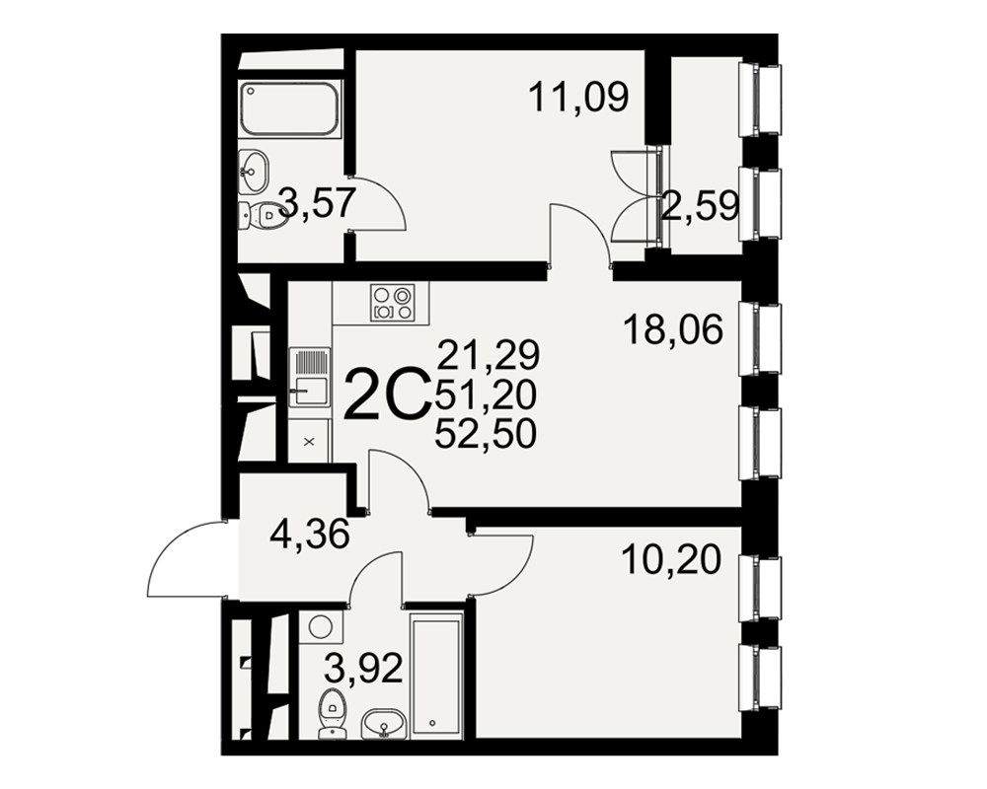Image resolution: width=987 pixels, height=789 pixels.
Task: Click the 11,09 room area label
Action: click(578, 98)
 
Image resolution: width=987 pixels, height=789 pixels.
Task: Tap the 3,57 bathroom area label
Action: click(317, 202)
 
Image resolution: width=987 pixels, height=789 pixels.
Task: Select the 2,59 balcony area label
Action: click(700, 206)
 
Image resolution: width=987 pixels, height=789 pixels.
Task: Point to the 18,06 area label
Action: click(673, 329)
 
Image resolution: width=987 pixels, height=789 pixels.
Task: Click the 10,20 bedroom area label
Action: click(670, 559)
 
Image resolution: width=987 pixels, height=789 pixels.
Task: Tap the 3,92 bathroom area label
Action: click(363, 669)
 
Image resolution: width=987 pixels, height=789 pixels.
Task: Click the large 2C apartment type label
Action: click(387, 395)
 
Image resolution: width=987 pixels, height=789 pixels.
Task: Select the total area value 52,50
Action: click(486, 434)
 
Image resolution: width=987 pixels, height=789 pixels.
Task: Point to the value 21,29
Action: click(489, 354)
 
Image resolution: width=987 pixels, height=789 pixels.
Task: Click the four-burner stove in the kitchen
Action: click(393, 303)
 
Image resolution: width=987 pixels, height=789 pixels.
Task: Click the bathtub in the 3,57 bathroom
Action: click(289, 108)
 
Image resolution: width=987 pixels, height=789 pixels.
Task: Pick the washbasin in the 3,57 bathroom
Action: click(254, 170)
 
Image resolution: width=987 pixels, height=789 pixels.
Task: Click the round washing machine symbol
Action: click(321, 627)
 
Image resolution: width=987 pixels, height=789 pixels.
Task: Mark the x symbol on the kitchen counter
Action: click(309, 442)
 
